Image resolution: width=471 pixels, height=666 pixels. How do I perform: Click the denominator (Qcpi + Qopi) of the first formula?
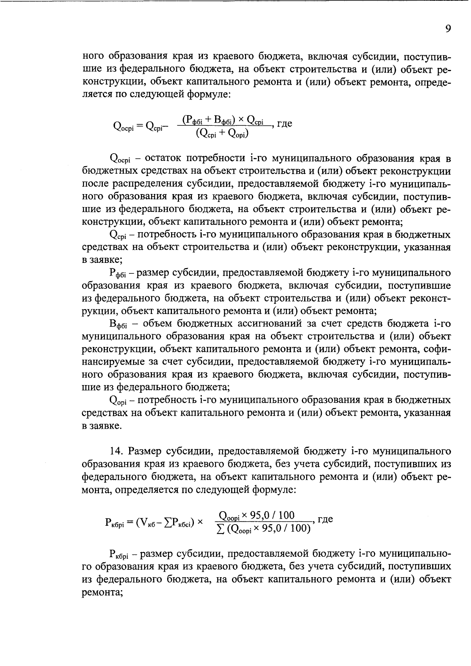click(223, 134)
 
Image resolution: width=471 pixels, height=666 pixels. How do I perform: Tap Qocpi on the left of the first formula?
click(123, 126)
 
